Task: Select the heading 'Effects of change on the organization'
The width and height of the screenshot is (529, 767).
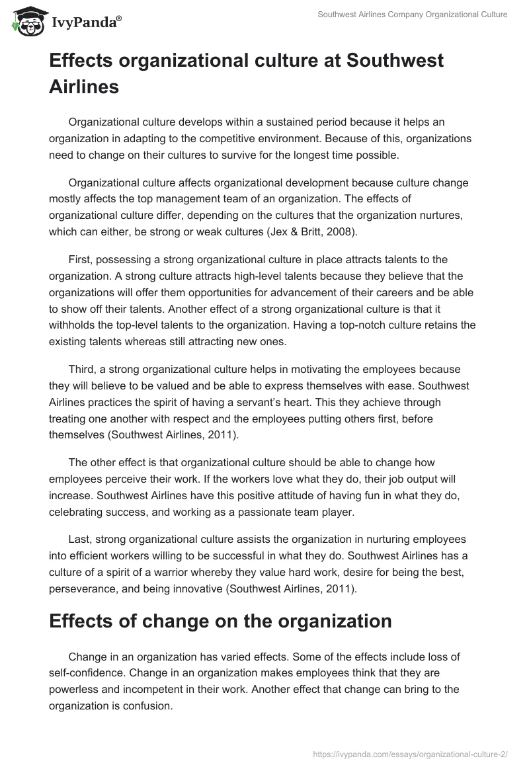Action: click(220, 622)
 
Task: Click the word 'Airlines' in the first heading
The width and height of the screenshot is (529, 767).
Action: click(84, 86)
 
